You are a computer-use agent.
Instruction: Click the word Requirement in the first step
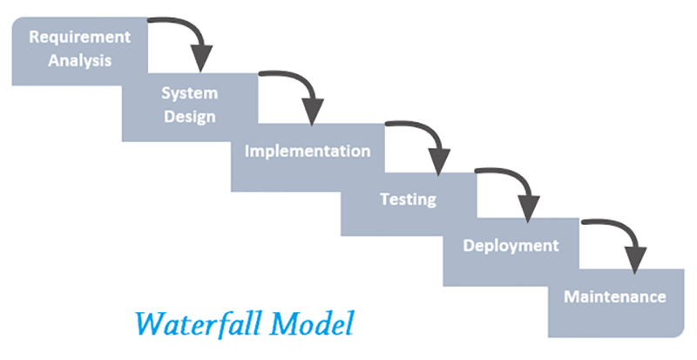coord(79,37)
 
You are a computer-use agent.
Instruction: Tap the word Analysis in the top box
coord(79,61)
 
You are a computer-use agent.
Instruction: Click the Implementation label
coord(308,151)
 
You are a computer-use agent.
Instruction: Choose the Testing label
coord(408,200)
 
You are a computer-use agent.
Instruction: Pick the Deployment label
coord(511,246)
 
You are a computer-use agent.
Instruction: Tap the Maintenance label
coord(615,296)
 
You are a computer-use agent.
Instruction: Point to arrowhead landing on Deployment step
coord(526,211)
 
